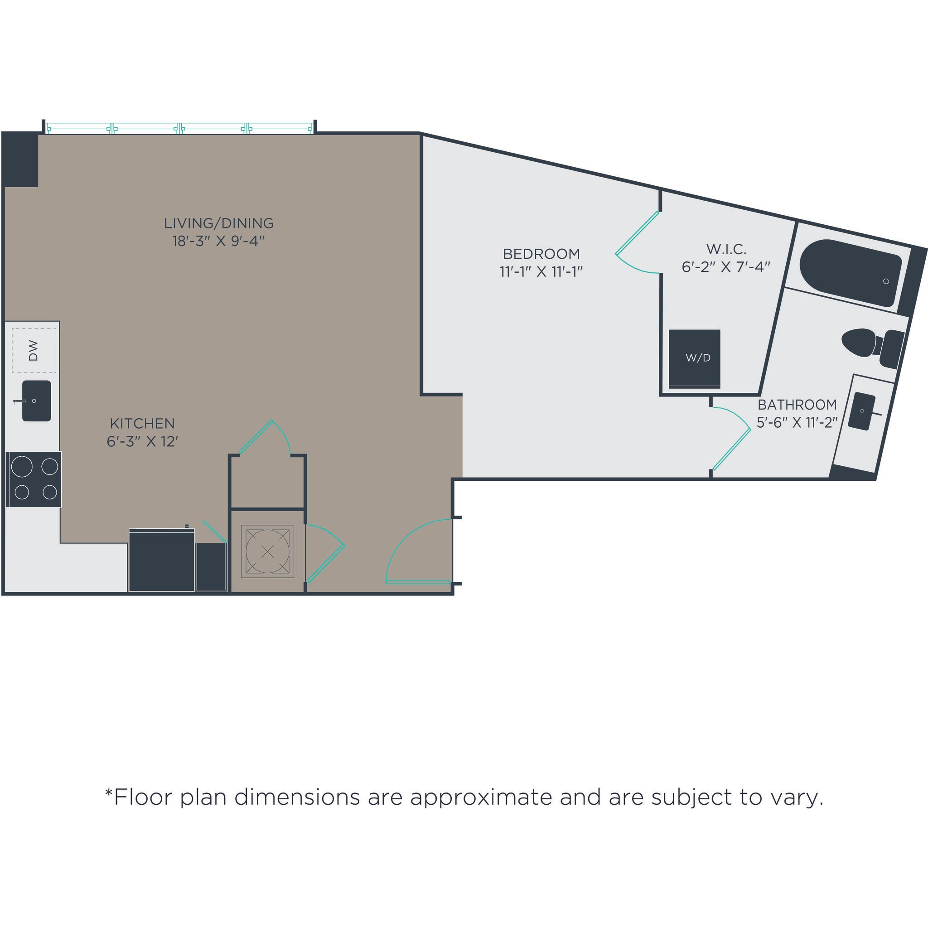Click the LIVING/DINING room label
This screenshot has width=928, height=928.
(x=218, y=223)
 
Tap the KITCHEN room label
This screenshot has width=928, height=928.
(x=142, y=423)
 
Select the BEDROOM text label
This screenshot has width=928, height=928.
(x=541, y=254)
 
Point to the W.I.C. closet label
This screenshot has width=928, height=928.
(x=726, y=249)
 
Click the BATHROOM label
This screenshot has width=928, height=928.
(x=797, y=405)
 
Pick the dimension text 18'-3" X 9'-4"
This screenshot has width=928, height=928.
(x=218, y=241)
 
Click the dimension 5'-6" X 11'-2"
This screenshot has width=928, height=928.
(x=797, y=422)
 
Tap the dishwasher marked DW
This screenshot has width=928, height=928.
(x=34, y=350)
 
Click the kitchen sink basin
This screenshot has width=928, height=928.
(x=37, y=401)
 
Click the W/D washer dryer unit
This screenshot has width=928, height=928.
(x=695, y=358)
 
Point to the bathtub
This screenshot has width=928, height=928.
(x=850, y=272)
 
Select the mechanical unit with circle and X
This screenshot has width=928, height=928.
(x=267, y=551)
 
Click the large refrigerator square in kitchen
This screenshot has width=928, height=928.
(x=161, y=561)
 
